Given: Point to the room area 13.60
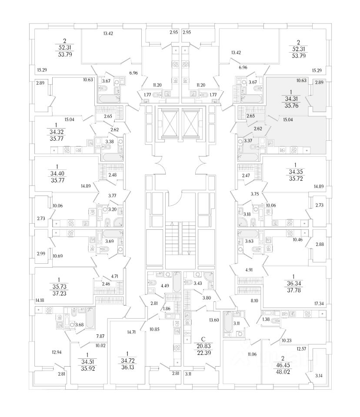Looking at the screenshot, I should [214, 321].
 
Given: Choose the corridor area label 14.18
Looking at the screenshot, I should [40, 300].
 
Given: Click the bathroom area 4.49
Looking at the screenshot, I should [165, 286].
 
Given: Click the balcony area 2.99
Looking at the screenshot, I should [40, 253].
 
